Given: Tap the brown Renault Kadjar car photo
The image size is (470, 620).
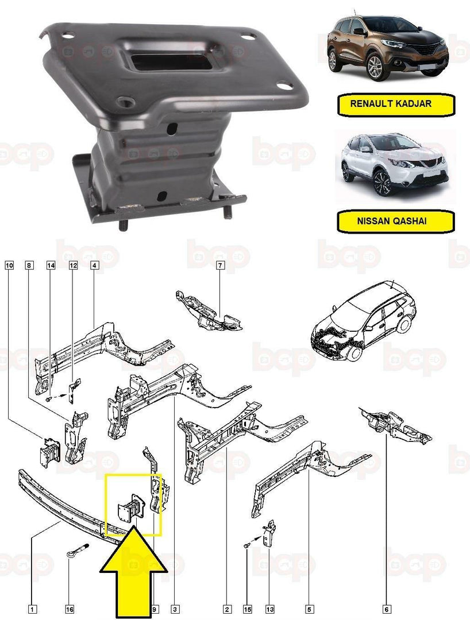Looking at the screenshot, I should click(386, 49).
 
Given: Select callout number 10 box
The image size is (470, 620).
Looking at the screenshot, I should click(9, 265).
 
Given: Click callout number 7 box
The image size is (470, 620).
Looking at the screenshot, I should click(220, 265).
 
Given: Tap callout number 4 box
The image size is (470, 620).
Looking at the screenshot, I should click(94, 265).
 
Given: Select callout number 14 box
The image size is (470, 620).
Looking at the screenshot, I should click(51, 265).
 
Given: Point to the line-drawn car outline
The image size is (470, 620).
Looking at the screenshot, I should click(362, 321).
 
